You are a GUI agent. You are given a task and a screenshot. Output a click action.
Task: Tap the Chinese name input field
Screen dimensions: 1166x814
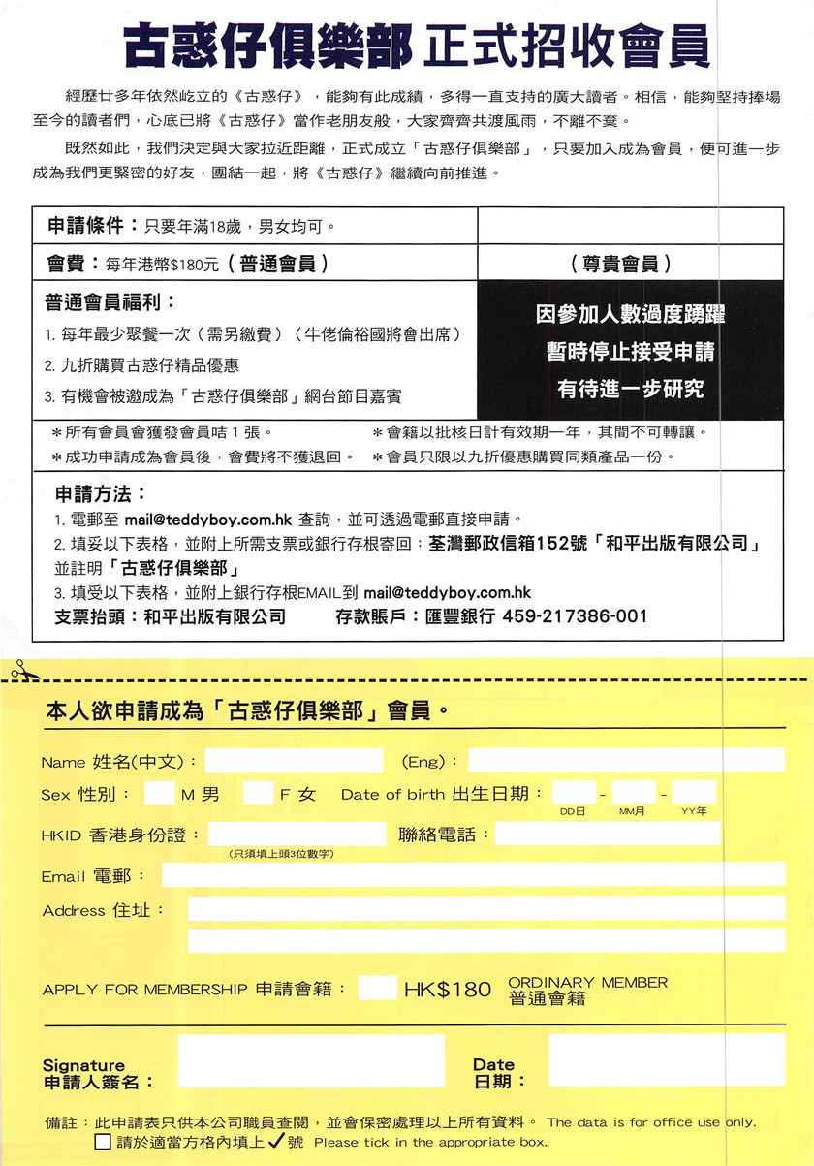294,761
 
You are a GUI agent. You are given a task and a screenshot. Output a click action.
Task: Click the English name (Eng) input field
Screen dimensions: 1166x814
626,761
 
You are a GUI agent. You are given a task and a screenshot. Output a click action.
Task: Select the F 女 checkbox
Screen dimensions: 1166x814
258,794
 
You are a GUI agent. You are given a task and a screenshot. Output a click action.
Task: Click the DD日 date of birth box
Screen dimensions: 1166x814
574,793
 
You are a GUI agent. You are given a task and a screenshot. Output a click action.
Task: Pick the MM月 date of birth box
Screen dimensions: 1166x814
634,793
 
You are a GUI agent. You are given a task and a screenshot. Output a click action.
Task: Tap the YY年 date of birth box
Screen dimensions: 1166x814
695,793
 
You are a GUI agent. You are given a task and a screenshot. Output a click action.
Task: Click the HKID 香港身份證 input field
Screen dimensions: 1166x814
297,834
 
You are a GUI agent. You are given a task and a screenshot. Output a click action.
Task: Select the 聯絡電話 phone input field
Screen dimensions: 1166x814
608,834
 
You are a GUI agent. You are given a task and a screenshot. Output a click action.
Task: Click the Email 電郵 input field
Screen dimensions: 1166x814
473,874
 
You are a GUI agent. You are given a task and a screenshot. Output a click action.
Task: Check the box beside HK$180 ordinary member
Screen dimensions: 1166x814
377,989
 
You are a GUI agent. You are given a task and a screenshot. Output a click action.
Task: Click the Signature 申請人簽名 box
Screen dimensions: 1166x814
311,1060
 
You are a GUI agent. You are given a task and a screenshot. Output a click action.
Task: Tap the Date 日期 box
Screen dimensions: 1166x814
666,1059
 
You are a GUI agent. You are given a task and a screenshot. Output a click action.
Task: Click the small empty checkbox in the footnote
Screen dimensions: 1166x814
103,1142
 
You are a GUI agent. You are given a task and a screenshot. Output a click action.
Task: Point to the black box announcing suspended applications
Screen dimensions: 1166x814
630,352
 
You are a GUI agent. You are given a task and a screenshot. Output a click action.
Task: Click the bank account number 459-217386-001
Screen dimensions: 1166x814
575,616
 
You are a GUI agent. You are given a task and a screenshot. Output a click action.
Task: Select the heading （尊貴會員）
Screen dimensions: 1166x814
630,264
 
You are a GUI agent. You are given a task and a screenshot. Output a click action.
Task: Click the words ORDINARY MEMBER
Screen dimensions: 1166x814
587,982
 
